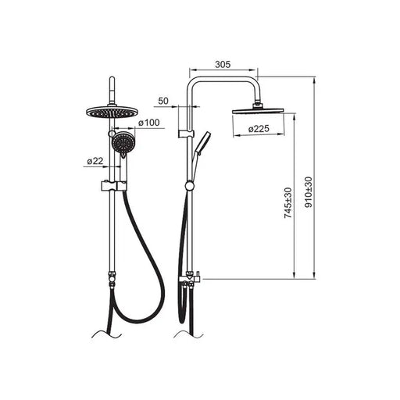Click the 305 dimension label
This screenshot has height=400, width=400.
click(223, 64)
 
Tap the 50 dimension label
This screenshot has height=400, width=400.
click(163, 101)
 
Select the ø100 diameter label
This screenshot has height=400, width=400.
click(149, 123)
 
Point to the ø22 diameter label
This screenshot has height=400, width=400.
click(95, 161)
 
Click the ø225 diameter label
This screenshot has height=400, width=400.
click(259, 129)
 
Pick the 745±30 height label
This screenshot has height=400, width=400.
click(288, 203)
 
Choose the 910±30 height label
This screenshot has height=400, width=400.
click(309, 192)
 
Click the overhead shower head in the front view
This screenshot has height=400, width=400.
click(112, 112)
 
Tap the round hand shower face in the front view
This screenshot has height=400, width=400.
click(124, 143)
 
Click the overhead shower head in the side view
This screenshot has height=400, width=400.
click(258, 111)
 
